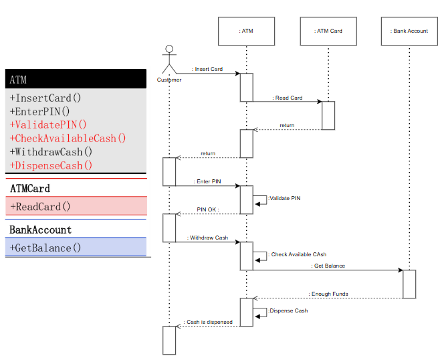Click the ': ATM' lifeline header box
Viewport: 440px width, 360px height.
click(246, 31)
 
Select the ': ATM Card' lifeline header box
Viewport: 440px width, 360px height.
click(328, 31)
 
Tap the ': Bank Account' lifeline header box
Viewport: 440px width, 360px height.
click(409, 31)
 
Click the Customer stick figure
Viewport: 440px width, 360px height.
click(169, 60)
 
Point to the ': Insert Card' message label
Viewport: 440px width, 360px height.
click(207, 69)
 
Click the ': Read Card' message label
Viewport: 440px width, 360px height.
click(288, 98)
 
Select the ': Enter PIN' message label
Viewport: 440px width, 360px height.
click(207, 181)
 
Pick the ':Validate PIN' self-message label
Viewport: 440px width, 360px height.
click(284, 198)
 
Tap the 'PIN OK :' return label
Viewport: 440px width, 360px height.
click(208, 209)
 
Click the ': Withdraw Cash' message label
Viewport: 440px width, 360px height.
click(207, 238)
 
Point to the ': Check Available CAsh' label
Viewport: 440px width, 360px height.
click(298, 254)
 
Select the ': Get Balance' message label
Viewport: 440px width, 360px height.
click(328, 266)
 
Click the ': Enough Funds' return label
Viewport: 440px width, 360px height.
click(328, 294)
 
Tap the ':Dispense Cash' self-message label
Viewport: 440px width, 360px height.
click(288, 310)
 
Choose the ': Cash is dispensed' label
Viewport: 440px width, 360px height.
click(208, 322)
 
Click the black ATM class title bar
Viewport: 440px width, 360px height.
click(75, 79)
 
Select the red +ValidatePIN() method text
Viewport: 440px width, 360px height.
click(48, 124)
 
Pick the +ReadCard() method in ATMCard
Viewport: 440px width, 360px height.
click(40, 206)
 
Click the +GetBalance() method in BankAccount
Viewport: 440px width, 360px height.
click(45, 248)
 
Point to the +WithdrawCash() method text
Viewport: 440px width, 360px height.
click(51, 152)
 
